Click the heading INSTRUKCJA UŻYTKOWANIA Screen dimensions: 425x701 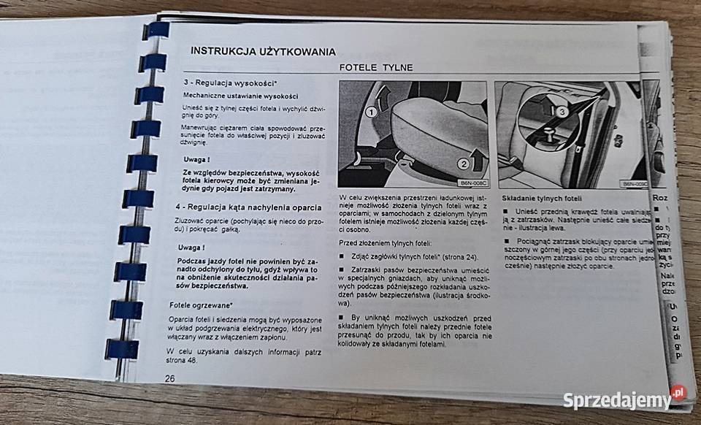coord(263,51)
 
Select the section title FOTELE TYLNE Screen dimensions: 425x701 coord(376,68)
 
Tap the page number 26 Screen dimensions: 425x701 coord(169,378)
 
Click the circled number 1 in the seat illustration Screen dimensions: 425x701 coord(371,112)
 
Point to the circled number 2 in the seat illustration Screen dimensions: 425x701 coord(462,164)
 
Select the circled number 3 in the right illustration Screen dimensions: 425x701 coord(560,112)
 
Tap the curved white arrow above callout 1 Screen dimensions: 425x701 coord(383,94)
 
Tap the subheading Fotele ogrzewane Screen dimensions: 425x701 coord(202,305)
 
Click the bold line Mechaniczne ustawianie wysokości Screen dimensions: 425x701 coord(230,96)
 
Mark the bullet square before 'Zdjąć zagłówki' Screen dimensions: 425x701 coord(342,256)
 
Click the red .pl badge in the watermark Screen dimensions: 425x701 coord(678,392)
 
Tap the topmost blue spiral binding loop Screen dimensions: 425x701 coord(156,30)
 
